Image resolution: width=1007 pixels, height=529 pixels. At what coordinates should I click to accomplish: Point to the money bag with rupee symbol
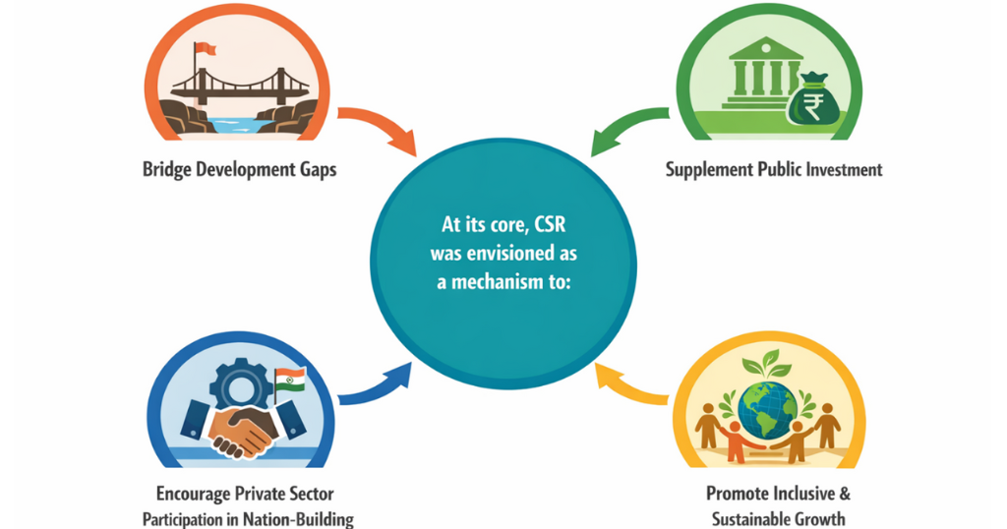click(x=819, y=99)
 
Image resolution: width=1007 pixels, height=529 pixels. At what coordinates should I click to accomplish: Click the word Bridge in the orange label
click(x=168, y=169)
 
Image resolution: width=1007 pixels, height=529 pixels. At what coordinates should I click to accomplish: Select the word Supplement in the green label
click(x=710, y=169)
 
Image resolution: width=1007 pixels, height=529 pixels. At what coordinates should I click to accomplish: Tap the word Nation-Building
click(x=307, y=518)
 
